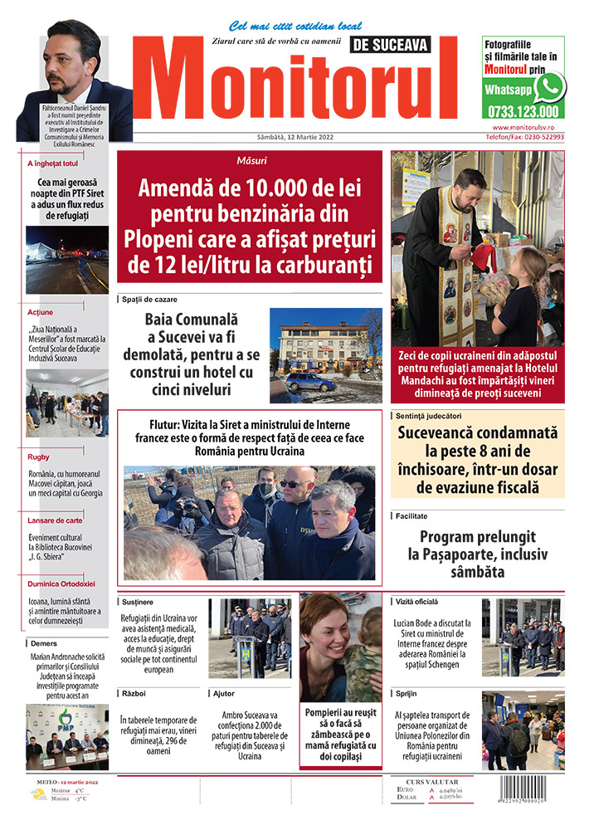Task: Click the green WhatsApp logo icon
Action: tap(549, 87)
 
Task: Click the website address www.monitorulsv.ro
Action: tap(528, 128)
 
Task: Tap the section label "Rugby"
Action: tap(39, 456)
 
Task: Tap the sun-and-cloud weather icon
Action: tap(39, 793)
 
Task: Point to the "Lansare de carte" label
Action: tap(53, 520)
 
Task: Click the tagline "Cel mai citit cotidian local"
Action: tap(284, 27)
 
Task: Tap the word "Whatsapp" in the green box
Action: tap(508, 89)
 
